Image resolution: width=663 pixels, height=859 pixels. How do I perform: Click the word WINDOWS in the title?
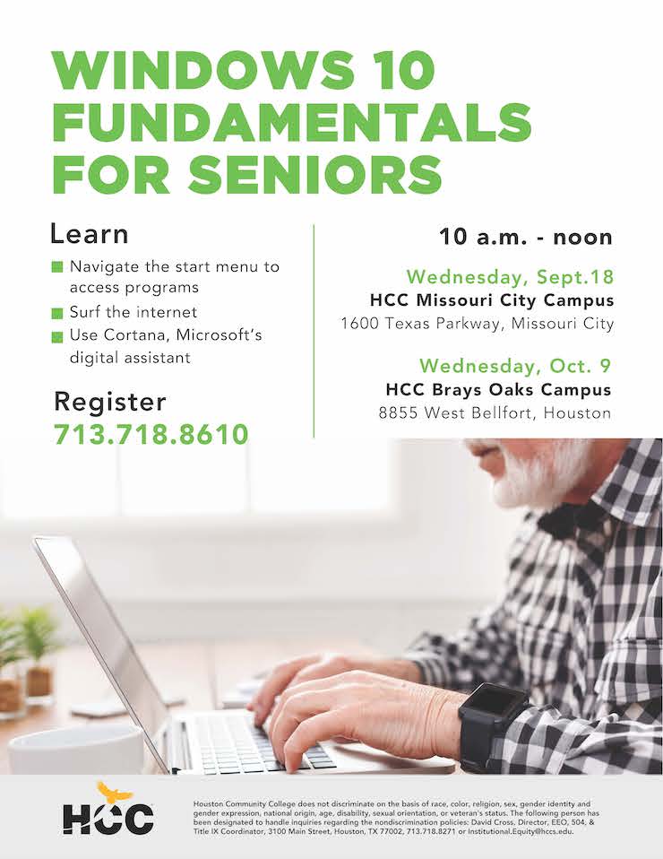tap(202, 70)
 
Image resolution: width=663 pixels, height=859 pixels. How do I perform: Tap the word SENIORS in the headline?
tap(315, 174)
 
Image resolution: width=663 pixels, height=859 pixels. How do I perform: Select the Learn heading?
tap(90, 234)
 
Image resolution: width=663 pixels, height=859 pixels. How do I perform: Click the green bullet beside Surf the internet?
tap(57, 313)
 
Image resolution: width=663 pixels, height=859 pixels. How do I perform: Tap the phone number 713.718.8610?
tap(151, 434)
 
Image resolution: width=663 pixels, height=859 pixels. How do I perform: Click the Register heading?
tap(110, 402)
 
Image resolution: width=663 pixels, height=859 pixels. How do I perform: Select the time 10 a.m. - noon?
tap(526, 238)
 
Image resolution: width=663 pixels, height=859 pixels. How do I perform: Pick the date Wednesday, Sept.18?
tap(511, 277)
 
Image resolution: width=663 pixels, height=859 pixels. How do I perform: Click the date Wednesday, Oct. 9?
tap(515, 366)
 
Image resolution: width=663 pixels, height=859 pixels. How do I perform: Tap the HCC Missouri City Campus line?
tap(492, 300)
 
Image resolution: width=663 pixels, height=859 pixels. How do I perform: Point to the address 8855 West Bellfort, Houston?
tap(495, 412)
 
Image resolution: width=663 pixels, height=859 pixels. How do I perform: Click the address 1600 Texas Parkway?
tap(421, 323)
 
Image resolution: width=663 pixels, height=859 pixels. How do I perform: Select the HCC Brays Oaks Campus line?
tap(498, 389)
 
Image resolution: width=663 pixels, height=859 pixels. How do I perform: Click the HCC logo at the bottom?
tap(108, 809)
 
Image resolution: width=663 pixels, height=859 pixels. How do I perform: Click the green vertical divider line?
tap(314, 330)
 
